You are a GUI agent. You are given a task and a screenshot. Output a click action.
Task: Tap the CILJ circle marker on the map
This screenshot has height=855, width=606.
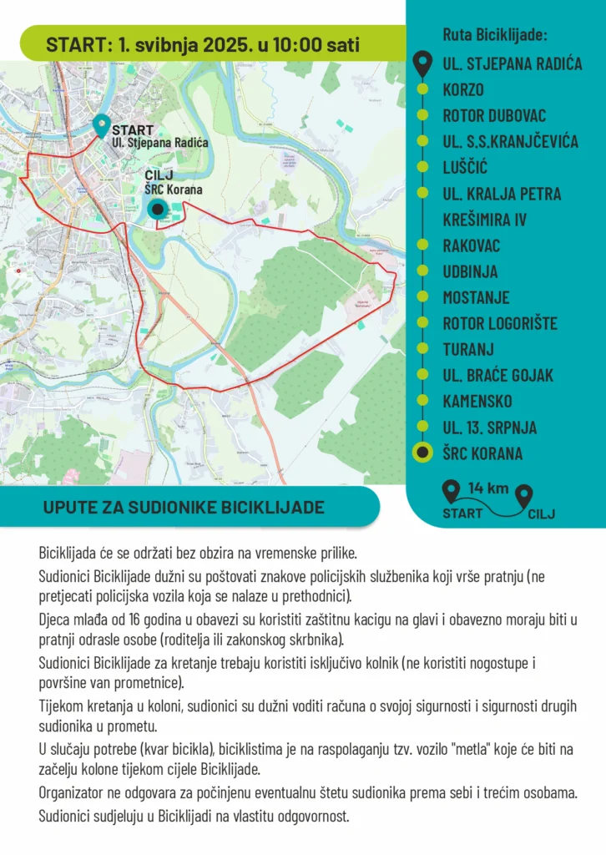156,210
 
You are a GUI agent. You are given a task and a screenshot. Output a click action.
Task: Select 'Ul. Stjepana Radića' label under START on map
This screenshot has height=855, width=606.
160,144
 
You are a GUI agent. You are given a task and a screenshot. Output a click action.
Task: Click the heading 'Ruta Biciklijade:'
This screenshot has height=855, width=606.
495,36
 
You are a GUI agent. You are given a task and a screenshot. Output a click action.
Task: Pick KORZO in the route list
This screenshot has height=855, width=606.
463,89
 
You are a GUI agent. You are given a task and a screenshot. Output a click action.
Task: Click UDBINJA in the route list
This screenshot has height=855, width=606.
470,271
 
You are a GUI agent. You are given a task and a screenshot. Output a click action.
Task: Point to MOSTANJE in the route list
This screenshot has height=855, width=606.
476,297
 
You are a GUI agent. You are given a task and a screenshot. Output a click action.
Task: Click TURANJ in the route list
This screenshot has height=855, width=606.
468,349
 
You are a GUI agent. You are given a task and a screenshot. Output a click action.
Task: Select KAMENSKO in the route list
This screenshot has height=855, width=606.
477,402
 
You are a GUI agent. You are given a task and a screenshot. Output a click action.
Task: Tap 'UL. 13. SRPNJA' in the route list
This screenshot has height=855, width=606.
490,427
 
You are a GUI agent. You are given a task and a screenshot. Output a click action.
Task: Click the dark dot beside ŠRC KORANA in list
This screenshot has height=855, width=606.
423,453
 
